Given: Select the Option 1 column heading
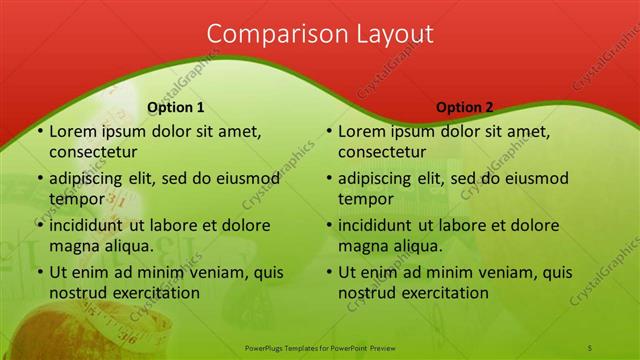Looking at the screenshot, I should (176, 108).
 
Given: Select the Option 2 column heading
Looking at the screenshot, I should (465, 108).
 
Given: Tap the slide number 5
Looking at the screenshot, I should (590, 346).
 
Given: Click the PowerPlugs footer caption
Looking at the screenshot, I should (320, 346).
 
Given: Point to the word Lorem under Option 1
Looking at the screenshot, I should (73, 131).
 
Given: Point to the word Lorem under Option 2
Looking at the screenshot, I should (362, 131).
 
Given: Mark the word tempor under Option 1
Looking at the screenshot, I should (77, 199).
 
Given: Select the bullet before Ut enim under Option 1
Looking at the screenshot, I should (39, 272).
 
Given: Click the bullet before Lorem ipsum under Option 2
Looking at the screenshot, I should (328, 131).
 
